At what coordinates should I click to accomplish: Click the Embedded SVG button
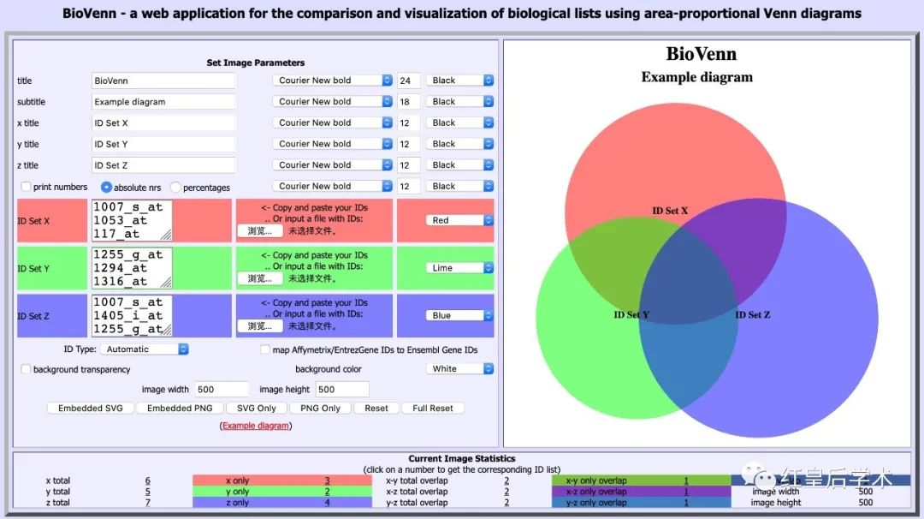click(x=91, y=408)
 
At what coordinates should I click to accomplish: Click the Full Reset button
click(x=433, y=408)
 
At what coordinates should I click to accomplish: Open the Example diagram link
click(x=256, y=426)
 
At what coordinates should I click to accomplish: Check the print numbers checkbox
click(x=26, y=187)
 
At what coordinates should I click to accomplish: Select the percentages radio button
click(x=175, y=187)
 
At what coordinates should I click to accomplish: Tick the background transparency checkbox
click(x=26, y=369)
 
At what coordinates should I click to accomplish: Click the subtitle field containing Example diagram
click(x=163, y=102)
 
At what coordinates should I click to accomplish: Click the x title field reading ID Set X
click(x=163, y=123)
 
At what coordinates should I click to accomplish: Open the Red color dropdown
click(x=461, y=220)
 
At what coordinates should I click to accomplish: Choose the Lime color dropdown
click(x=461, y=268)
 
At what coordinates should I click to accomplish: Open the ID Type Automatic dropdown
click(x=143, y=349)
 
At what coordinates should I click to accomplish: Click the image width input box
click(x=221, y=390)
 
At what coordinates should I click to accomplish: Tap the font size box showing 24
click(x=406, y=81)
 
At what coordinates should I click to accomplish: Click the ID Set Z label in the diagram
click(x=753, y=315)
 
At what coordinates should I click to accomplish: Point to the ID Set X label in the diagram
click(x=670, y=211)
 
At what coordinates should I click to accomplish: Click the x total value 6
click(x=148, y=481)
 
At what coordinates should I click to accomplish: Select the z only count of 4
click(x=327, y=503)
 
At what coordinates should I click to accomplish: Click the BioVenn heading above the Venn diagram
click(x=701, y=54)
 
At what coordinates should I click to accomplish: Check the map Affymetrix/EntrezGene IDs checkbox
click(x=265, y=349)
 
